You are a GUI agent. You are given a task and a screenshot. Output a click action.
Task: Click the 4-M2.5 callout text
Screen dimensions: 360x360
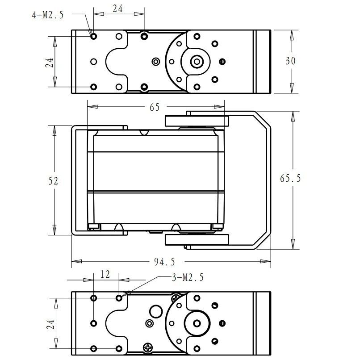[47, 15]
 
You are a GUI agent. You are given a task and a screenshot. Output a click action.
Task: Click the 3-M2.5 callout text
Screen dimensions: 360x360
[188, 277]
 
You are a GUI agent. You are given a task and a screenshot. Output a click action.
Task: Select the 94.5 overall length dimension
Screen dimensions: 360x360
[164, 262]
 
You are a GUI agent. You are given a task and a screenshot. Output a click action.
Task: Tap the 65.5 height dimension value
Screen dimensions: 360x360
[290, 178]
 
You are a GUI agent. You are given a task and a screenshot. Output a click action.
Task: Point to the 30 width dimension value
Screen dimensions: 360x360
[290, 61]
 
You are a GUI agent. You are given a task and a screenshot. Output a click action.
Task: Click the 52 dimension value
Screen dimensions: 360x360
[53, 181]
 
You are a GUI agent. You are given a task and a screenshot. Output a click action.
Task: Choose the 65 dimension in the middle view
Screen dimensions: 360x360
[155, 107]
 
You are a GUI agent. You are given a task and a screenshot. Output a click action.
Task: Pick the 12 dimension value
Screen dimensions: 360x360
[105, 274]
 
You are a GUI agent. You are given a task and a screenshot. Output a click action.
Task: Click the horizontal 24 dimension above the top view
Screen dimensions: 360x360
[117, 9]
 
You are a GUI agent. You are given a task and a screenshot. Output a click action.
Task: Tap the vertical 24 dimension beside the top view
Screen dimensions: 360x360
[50, 62]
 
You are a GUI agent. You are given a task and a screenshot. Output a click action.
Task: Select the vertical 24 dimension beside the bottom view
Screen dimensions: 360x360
[50, 324]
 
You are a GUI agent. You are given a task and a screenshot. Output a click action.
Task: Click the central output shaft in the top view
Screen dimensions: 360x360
[197, 62]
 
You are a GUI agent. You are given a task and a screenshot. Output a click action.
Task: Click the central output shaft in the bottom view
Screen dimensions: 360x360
[197, 323]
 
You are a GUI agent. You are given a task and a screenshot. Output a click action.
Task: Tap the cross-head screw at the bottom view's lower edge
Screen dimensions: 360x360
[148, 347]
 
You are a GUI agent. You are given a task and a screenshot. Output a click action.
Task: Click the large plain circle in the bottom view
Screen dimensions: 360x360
[156, 312]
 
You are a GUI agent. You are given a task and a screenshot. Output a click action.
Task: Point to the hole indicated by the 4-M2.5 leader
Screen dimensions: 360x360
[93, 36]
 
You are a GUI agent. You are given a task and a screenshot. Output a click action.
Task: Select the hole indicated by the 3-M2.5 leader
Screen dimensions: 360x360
[119, 298]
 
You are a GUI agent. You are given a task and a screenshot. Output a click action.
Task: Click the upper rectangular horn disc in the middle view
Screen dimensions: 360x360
[197, 121]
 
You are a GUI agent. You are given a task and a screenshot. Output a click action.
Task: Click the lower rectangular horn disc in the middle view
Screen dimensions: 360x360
[197, 239]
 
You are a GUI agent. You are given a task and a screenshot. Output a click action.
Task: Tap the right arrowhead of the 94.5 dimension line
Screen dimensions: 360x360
[266, 261]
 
